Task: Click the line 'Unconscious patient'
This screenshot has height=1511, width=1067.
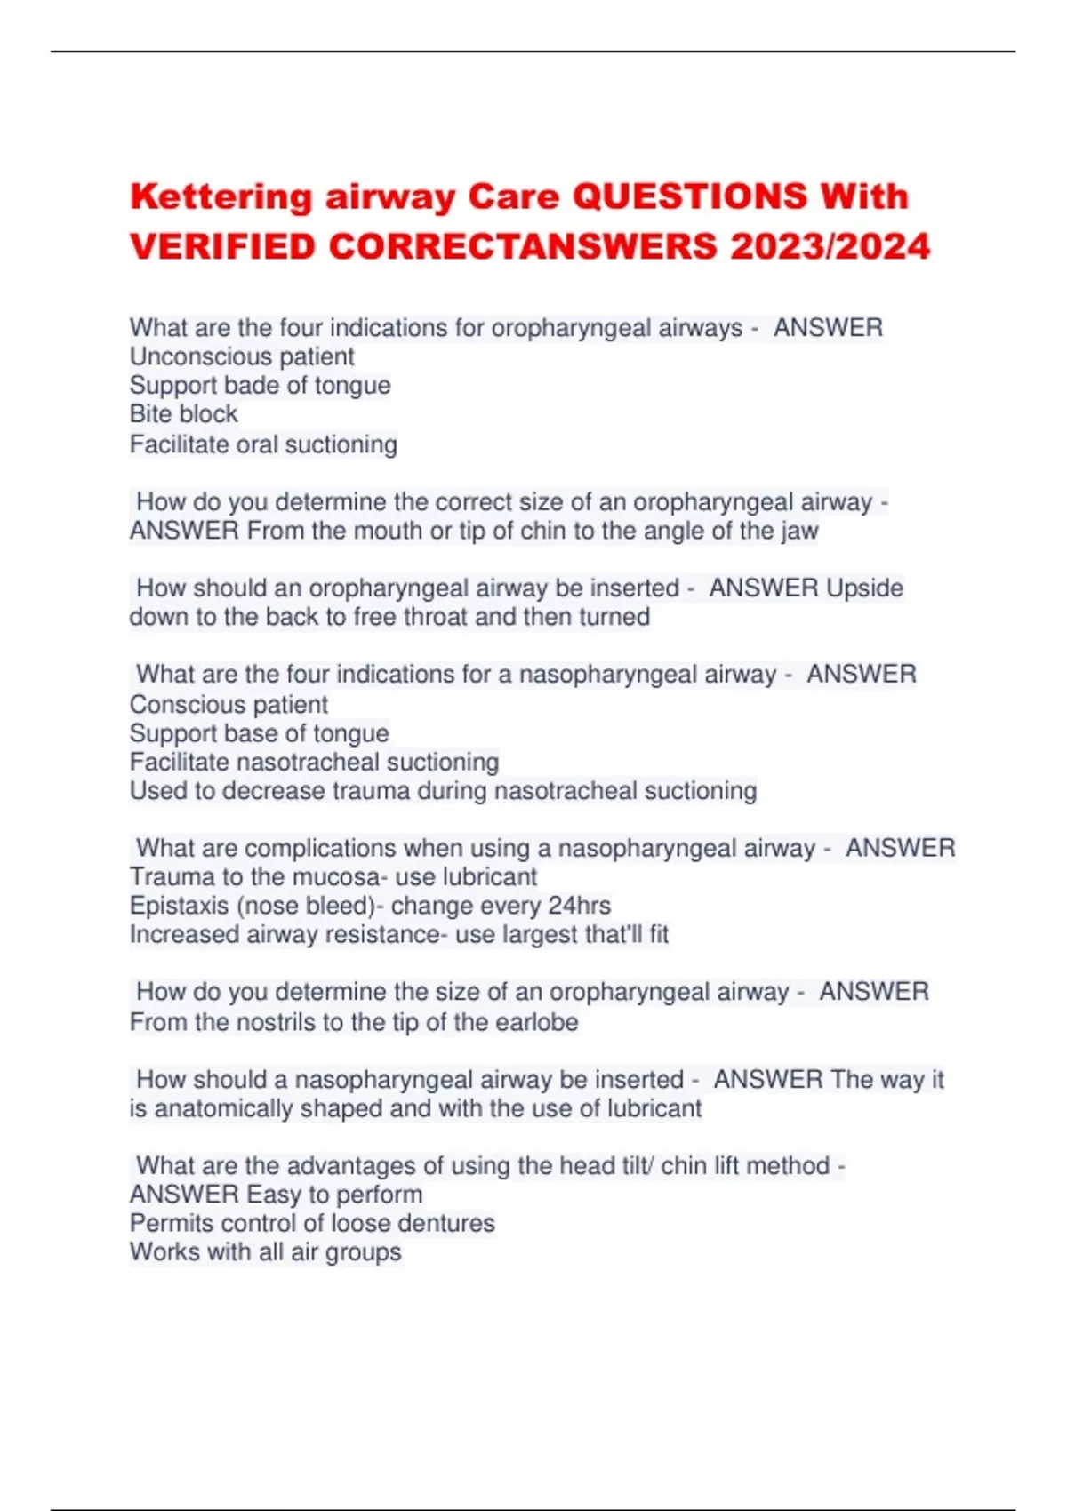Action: point(242,356)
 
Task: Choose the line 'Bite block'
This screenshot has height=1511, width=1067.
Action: point(183,414)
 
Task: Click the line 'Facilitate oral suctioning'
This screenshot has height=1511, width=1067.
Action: point(263,444)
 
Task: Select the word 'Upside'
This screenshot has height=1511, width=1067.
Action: point(864,588)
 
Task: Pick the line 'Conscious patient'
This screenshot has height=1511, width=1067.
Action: point(229,704)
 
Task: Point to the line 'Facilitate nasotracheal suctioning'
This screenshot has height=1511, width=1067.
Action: point(314,762)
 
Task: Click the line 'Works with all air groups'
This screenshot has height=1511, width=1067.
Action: point(265,1251)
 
